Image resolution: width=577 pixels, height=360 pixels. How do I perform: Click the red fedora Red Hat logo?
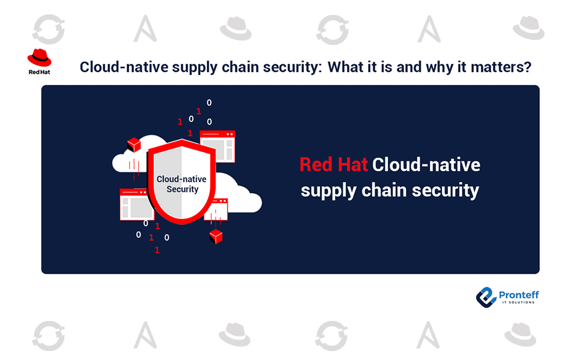40,58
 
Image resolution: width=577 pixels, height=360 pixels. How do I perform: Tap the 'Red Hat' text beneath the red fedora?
40,72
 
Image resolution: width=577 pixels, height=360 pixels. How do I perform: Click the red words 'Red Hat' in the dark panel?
333,164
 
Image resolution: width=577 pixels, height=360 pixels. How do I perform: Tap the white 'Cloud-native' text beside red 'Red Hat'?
426,164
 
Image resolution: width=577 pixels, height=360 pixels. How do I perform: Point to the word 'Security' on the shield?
183,190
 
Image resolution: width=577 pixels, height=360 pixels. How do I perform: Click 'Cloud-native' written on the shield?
181,179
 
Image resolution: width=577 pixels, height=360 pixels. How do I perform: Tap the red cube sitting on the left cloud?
134,145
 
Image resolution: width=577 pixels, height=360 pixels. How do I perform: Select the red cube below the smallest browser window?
216,236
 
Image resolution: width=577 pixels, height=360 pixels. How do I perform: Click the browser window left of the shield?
136,205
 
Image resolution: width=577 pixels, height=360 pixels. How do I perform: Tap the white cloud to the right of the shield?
238,193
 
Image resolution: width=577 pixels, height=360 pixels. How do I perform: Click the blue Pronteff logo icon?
486,297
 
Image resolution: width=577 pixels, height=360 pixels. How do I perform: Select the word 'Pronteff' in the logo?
519,295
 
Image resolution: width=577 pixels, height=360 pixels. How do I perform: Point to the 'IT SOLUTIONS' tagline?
519,302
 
